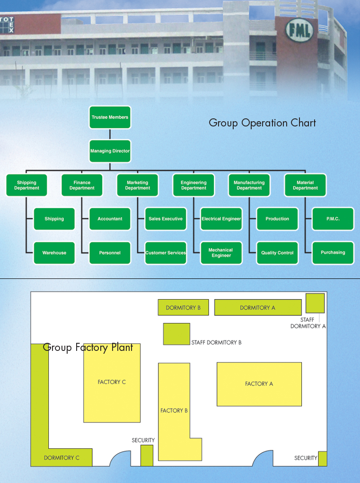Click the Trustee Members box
[x=110, y=117]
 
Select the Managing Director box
[x=110, y=151]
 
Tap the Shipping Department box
[x=26, y=185]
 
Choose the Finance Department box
[x=82, y=185]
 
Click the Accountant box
[x=110, y=219]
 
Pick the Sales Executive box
[x=166, y=219]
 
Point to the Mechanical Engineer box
[x=221, y=253]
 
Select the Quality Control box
[x=277, y=253]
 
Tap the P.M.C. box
[x=333, y=219]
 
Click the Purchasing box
[x=333, y=252]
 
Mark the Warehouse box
[x=54, y=253]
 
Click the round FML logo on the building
[x=299, y=31]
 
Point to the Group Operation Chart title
[x=262, y=123]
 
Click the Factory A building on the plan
[x=259, y=384]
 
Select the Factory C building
[x=112, y=383]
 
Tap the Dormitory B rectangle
[x=183, y=308]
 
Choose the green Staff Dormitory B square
[x=176, y=334]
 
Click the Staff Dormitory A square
[x=315, y=303]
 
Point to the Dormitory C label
[x=61, y=458]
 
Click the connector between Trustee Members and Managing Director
[x=110, y=134]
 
